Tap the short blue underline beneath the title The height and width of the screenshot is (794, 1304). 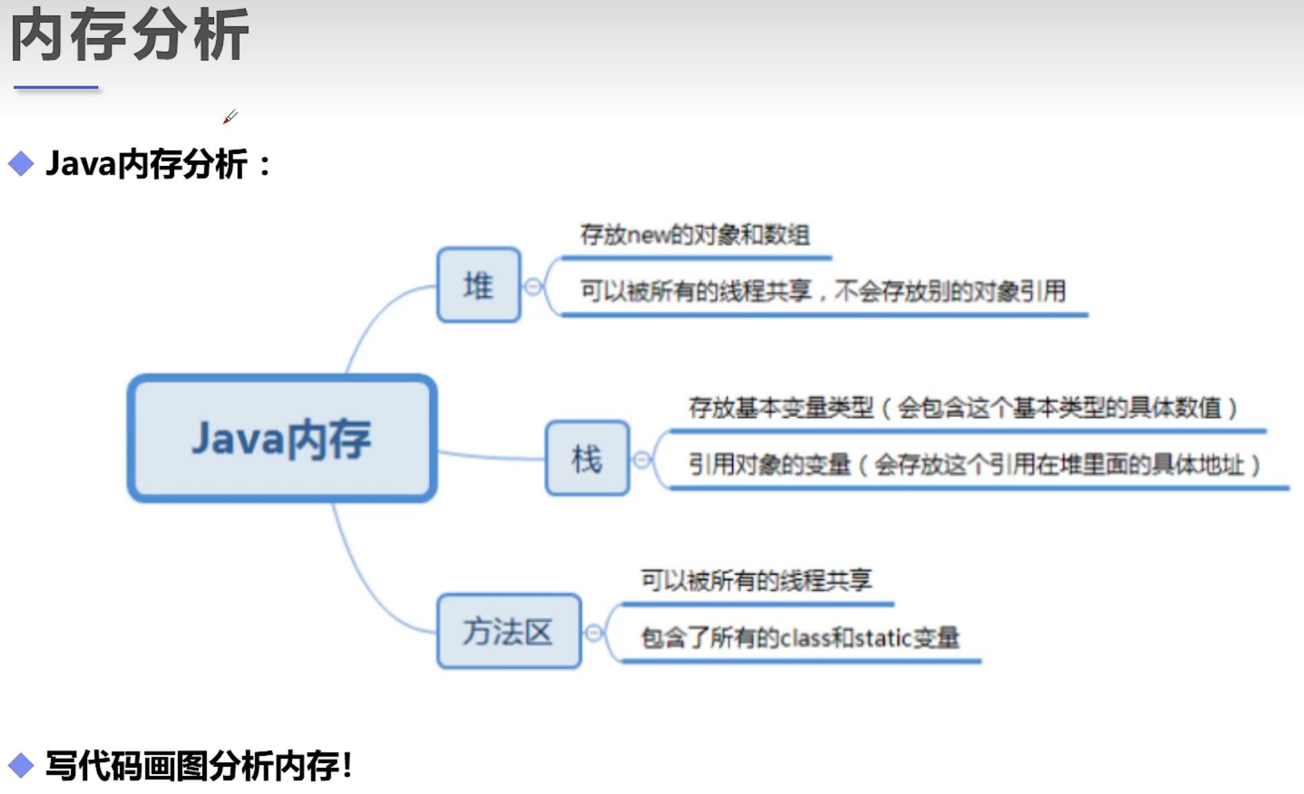pos(56,88)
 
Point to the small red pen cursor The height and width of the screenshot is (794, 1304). pos(230,117)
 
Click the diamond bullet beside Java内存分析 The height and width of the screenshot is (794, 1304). pos(21,164)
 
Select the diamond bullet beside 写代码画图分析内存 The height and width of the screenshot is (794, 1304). pos(21,765)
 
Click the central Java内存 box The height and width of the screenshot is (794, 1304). pos(282,438)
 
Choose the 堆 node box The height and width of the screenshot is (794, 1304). pos(478,284)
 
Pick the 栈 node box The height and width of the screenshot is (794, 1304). pos(587,458)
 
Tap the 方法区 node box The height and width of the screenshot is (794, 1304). pos(509,631)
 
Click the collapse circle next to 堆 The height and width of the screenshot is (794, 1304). pos(533,287)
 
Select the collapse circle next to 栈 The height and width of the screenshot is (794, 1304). pos(642,460)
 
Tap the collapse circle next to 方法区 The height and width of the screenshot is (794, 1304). pos(594,632)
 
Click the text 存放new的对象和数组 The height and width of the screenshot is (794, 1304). pos(694,235)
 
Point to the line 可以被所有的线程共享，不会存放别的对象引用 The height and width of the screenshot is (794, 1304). pos(823,291)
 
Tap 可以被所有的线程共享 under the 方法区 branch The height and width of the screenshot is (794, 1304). pos(757,580)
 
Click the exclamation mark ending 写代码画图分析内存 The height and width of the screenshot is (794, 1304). pos(347,765)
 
